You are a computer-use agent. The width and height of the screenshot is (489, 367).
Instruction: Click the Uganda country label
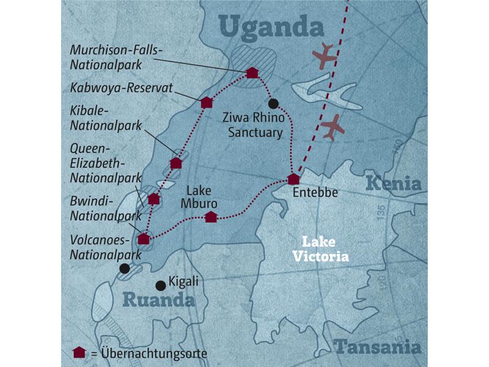271,28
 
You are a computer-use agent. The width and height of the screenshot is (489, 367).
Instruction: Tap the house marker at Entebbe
293,179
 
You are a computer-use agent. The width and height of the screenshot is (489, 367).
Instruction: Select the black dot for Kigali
160,285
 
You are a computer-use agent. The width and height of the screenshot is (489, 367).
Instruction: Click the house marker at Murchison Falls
252,73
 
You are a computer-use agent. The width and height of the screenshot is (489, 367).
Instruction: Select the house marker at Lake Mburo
210,217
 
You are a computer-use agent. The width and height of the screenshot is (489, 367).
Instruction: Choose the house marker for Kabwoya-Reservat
206,102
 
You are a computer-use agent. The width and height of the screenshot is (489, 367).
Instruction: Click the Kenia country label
394,183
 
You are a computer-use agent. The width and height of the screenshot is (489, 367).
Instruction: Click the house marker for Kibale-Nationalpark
176,163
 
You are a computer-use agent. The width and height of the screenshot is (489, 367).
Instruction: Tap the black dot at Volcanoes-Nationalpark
125,268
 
